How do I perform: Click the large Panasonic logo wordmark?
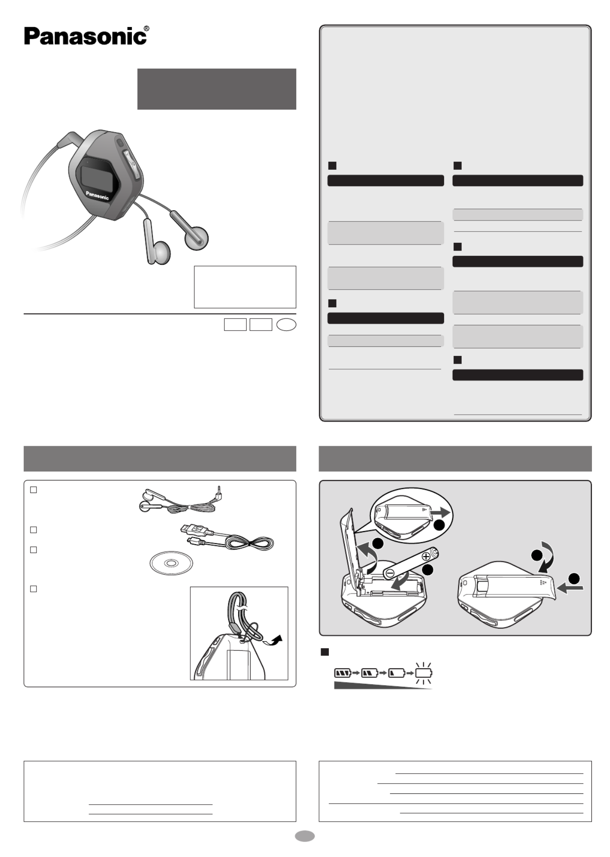point(85,36)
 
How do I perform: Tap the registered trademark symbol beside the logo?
point(147,29)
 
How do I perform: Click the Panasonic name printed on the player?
point(97,196)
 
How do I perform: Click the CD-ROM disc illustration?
point(171,563)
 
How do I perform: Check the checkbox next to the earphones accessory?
point(34,490)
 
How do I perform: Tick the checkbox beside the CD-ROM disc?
point(34,550)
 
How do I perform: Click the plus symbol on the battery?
point(426,556)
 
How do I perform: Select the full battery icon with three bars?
point(343,673)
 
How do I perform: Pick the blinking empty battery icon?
point(423,673)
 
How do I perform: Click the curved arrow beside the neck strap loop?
point(273,640)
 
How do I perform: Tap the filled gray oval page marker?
point(305,836)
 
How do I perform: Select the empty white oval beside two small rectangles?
point(286,324)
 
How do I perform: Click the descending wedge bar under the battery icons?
point(383,686)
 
